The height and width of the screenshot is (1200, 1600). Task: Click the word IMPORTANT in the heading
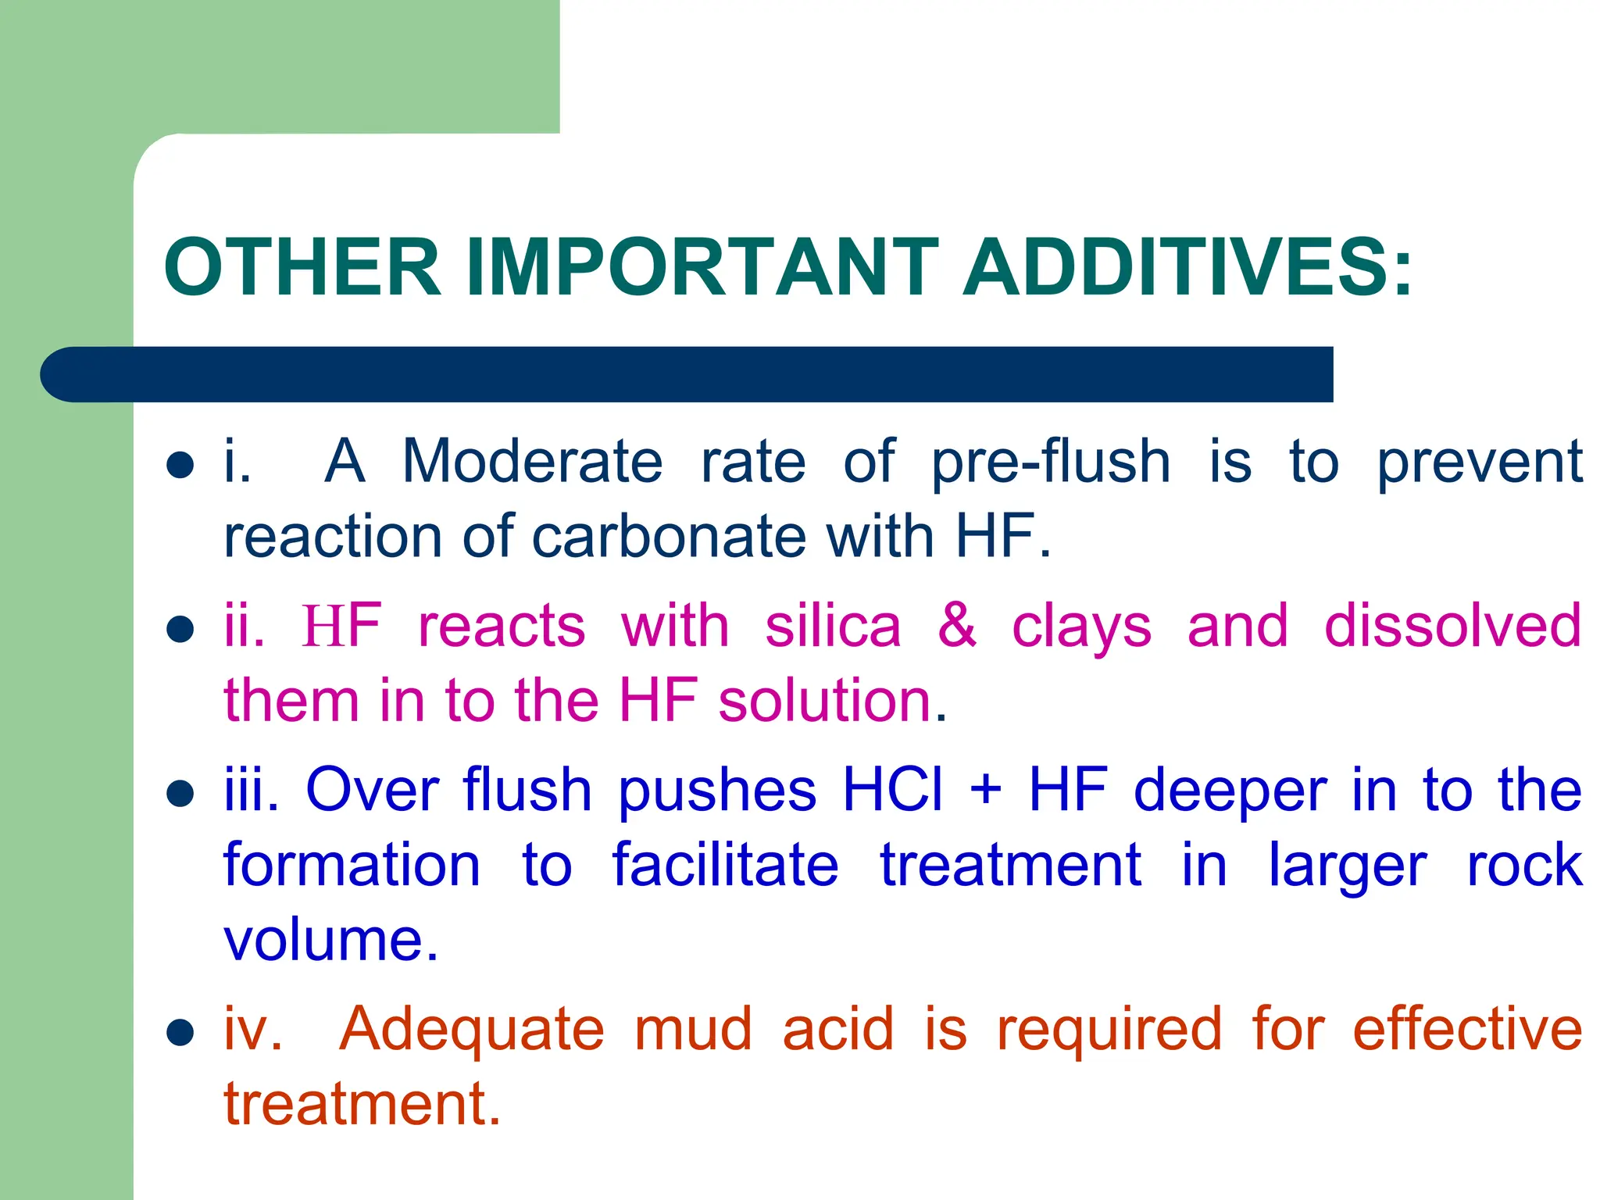[x=702, y=267]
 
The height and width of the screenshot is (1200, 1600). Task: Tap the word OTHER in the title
[x=303, y=267]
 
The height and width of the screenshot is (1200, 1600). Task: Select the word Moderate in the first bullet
[x=532, y=462]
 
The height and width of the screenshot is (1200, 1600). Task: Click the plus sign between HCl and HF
[x=986, y=790]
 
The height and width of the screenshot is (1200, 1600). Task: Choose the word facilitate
[x=725, y=865]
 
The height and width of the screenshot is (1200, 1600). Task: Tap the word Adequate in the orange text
[x=472, y=1030]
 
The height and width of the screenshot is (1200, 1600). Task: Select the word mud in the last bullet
[x=693, y=1030]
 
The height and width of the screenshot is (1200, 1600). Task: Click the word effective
[x=1467, y=1030]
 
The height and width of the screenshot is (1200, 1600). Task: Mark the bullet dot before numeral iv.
[x=180, y=1032]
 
